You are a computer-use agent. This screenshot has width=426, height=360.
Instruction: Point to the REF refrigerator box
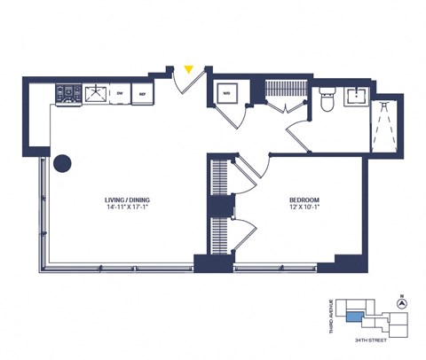pos(141,92)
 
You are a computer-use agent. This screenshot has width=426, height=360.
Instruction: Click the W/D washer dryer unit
pos(226,94)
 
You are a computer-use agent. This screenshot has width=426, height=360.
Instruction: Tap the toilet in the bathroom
pos(326,103)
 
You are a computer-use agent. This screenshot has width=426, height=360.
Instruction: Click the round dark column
pos(62,164)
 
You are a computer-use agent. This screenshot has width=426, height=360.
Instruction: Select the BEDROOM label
pos(304,200)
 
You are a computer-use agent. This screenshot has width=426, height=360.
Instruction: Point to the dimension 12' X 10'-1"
pos(304,209)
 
